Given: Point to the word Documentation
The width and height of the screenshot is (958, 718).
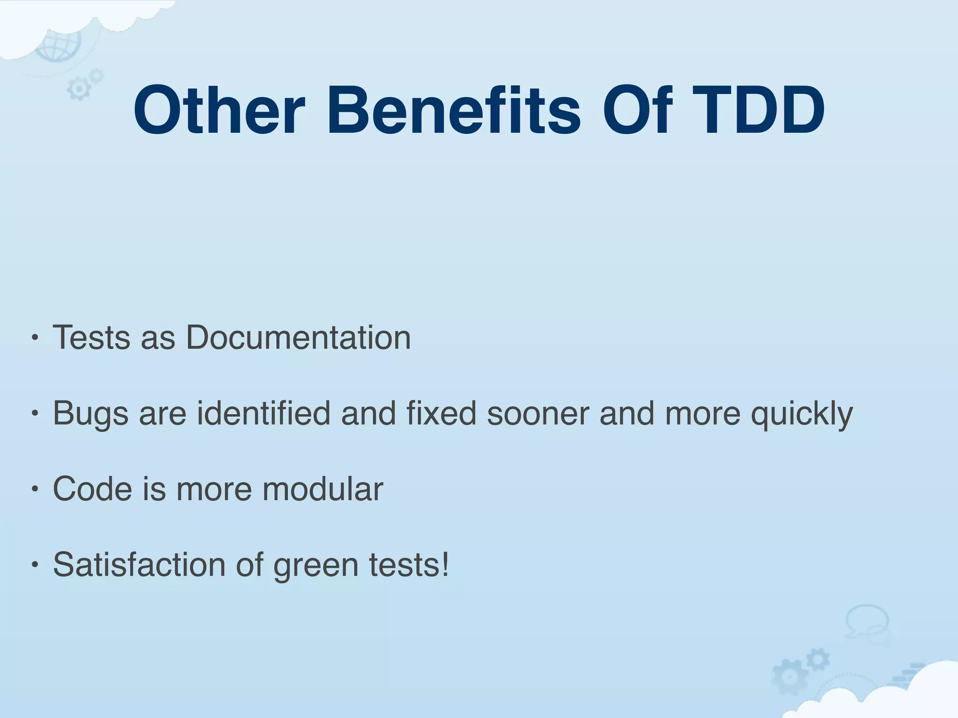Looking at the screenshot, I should [298, 337].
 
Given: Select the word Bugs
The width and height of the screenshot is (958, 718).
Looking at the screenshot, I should [90, 414].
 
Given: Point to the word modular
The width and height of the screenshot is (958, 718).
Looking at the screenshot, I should [322, 489].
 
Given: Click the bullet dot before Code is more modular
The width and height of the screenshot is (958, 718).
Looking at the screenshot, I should [34, 489].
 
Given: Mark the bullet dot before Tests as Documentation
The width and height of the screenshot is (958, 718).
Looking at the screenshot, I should [34, 337].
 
